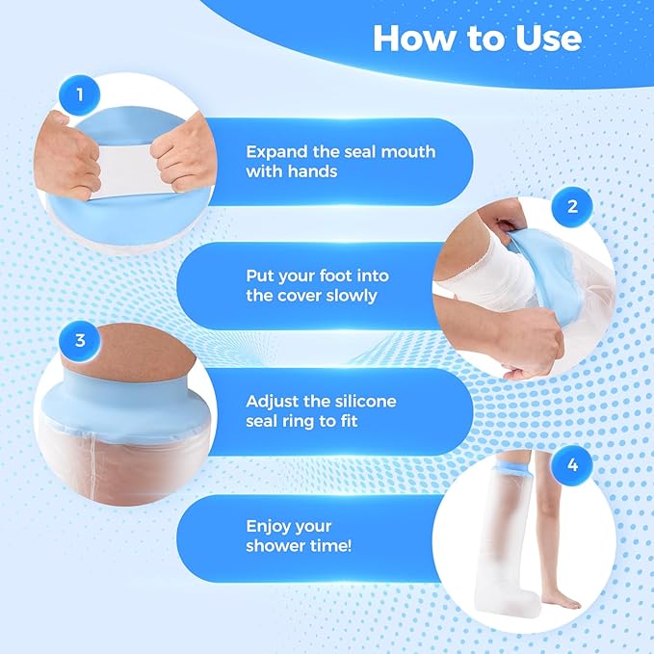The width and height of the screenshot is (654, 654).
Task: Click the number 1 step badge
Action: (80, 95)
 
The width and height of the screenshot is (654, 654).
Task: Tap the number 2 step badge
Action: (572, 207)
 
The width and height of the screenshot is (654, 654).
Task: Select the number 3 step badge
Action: (80, 341)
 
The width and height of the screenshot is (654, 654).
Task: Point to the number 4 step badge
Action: (572, 465)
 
